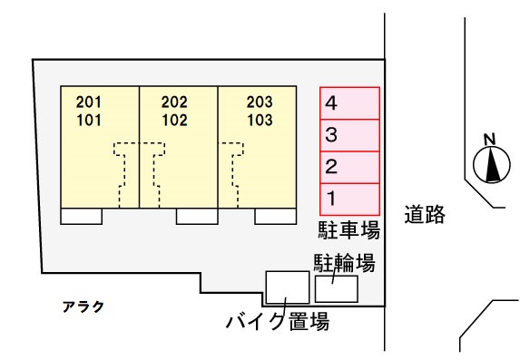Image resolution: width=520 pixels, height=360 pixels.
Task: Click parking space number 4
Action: coord(349,103)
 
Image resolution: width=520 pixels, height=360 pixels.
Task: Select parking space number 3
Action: coord(349,135)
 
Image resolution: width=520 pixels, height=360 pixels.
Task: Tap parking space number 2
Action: coord(349,167)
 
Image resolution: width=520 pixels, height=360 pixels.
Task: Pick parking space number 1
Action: coord(349,198)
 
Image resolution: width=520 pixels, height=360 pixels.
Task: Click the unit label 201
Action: coord(90,102)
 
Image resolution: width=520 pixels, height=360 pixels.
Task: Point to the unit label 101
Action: coord(90,119)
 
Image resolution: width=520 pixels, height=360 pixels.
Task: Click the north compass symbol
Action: coord(491,165)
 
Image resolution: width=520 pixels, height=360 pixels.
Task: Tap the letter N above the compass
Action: coord(489,139)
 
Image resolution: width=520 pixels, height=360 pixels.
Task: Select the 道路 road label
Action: coord(425,214)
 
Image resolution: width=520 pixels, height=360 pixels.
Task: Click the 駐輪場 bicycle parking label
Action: coord(345,263)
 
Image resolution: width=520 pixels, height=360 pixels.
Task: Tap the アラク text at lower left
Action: coord(83,306)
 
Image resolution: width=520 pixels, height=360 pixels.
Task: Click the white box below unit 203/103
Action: coord(275,216)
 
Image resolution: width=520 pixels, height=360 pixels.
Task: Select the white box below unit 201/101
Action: coord(81,216)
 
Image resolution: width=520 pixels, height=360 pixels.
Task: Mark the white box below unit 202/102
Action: coord(196,216)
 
